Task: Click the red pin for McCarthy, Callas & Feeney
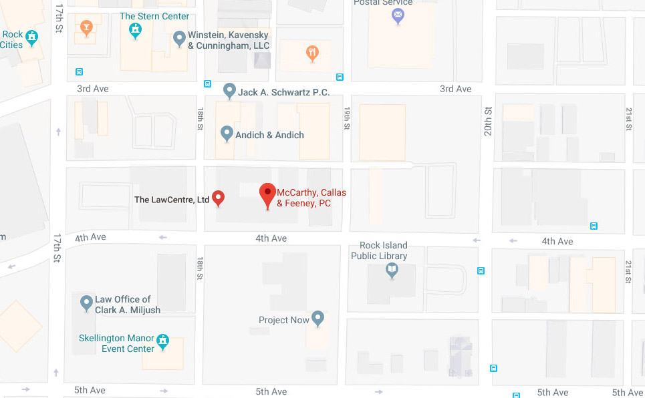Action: [268, 193]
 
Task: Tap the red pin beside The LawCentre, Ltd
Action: [218, 198]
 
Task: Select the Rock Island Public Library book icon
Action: [392, 270]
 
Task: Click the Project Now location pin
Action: [317, 319]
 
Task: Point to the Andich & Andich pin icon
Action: [227, 134]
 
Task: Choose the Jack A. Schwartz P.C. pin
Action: [229, 90]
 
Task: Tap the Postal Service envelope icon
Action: [398, 14]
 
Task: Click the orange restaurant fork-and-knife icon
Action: [311, 53]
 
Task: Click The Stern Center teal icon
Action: [136, 29]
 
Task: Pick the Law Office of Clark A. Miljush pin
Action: [86, 303]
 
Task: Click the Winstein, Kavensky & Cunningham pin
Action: [179, 38]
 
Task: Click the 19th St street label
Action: [348, 118]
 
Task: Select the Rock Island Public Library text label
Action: [379, 250]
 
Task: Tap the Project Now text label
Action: [284, 320]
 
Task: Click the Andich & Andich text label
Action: [269, 135]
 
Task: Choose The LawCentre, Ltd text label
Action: [172, 199]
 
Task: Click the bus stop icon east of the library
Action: [481, 270]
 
